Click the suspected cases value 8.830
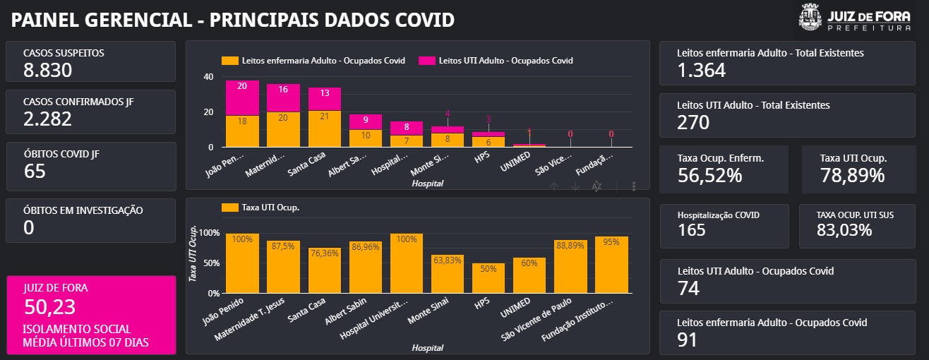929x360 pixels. click(x=47, y=70)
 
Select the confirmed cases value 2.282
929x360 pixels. click(x=47, y=119)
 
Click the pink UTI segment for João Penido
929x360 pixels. click(x=242, y=97)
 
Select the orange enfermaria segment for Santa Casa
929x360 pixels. click(x=324, y=128)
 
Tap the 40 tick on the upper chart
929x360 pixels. click(x=208, y=77)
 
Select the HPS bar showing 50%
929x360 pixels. click(x=488, y=278)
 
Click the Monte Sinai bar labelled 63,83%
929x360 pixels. click(x=447, y=274)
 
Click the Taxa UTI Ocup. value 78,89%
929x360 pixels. click(x=852, y=176)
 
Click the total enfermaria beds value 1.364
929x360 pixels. click(x=701, y=70)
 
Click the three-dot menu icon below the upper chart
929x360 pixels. click(x=634, y=186)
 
